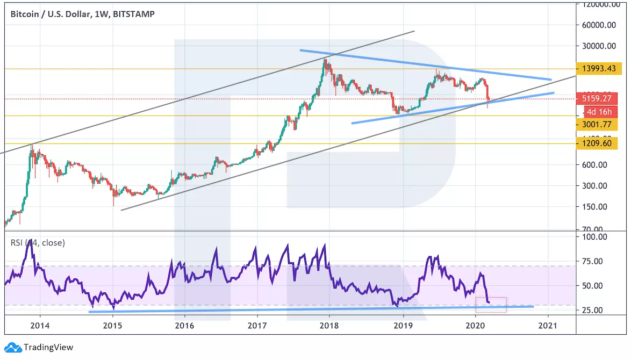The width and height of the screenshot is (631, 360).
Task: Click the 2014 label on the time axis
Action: point(40,325)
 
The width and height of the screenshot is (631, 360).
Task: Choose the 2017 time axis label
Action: point(257,325)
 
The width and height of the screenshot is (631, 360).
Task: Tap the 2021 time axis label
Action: point(548,325)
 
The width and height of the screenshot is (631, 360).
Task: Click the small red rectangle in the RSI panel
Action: point(491,305)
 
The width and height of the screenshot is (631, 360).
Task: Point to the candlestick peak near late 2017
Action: point(325,60)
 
